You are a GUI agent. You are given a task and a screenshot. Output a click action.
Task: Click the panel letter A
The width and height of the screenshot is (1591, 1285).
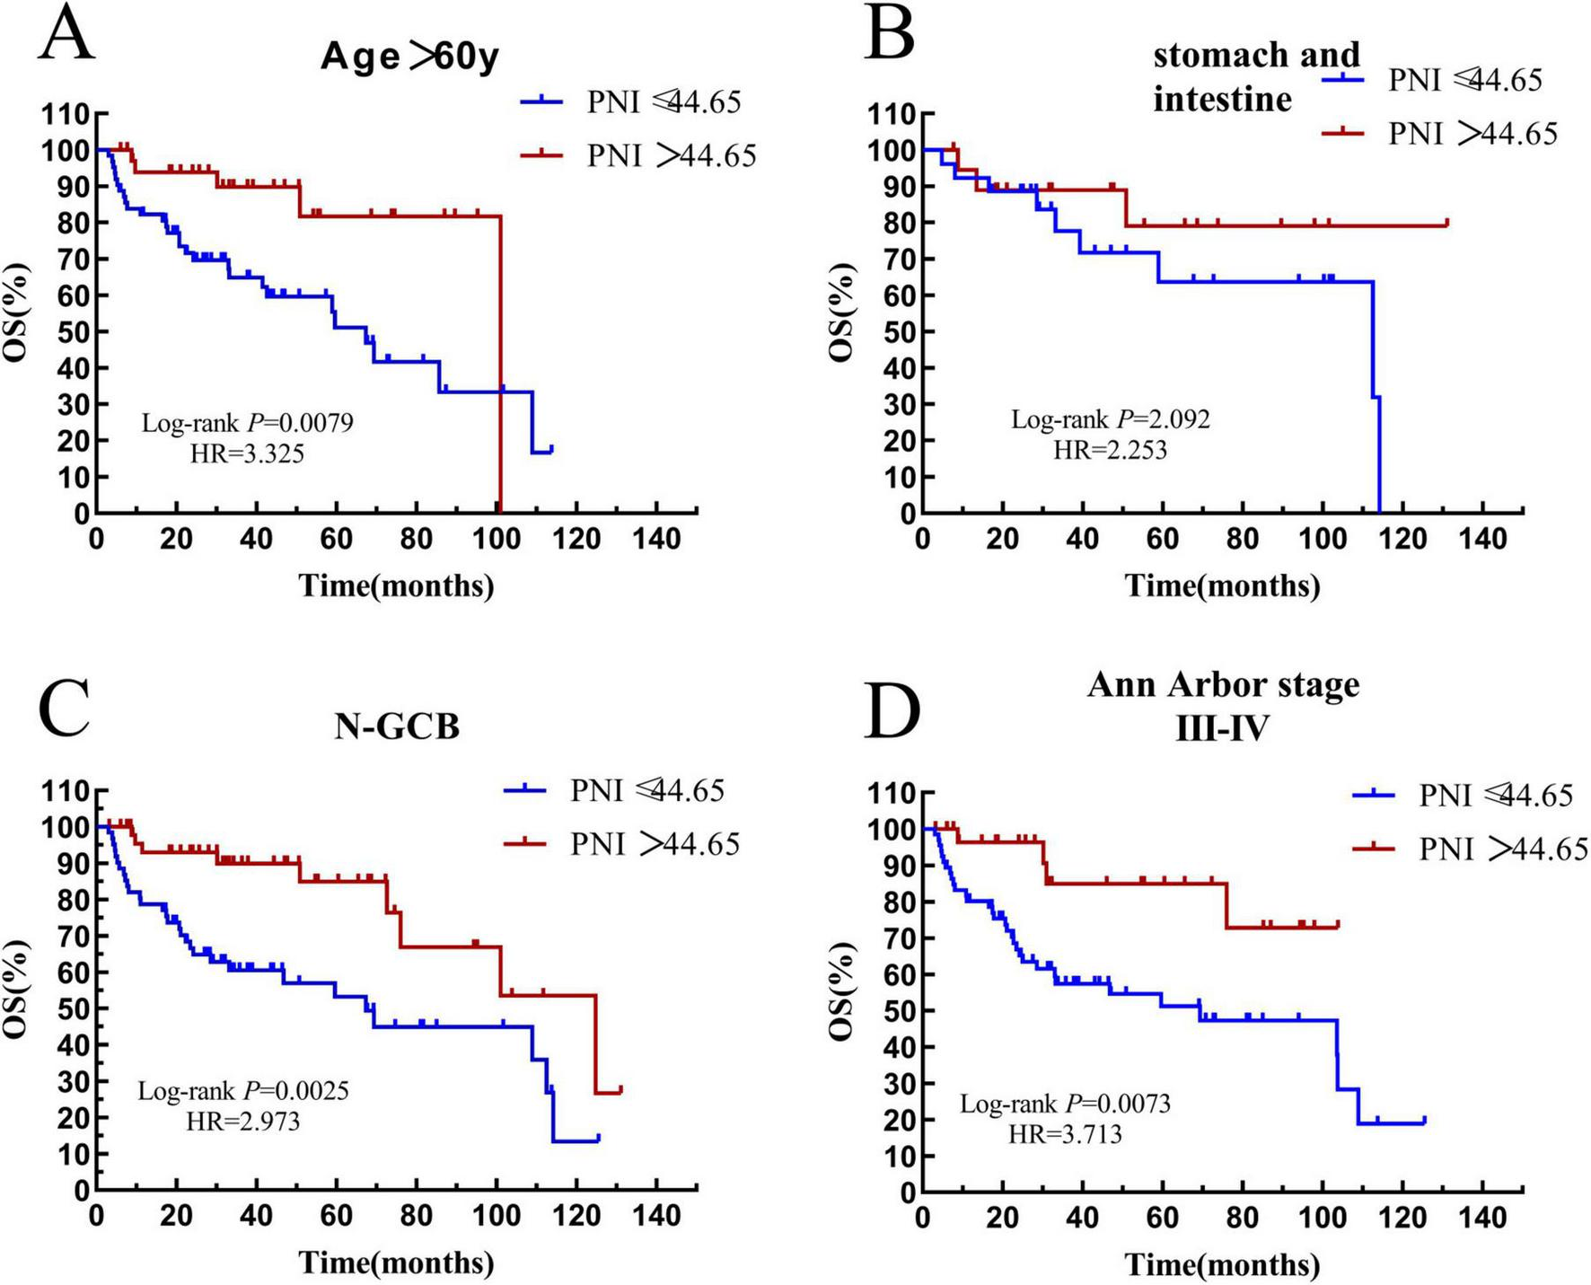click(66, 34)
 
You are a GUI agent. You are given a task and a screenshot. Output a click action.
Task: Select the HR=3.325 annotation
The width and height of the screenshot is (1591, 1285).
click(248, 453)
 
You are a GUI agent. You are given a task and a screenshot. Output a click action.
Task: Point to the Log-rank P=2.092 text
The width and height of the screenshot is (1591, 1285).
click(1111, 419)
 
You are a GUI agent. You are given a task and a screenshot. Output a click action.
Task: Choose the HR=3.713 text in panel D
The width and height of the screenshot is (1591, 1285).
click(1065, 1134)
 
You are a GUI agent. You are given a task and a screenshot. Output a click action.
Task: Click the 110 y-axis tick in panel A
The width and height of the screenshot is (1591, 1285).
click(68, 114)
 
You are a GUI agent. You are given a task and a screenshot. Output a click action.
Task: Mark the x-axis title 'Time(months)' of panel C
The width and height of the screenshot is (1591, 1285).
click(396, 1263)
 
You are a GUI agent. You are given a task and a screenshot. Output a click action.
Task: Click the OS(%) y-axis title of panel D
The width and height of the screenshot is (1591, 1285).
click(841, 990)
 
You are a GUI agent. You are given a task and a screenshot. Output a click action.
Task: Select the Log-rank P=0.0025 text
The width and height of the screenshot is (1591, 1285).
click(243, 1091)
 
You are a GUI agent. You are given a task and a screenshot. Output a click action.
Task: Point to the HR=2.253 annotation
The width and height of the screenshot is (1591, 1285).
click(1111, 449)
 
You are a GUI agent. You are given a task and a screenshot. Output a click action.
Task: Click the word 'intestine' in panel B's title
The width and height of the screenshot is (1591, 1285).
click(1222, 99)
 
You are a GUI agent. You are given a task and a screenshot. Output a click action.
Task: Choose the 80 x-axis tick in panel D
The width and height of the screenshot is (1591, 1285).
click(1243, 1217)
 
